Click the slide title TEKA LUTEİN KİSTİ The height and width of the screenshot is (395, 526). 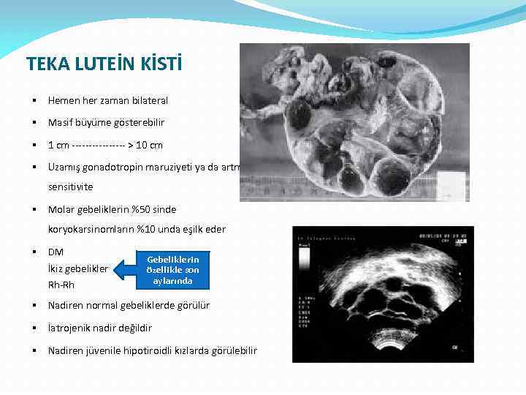[x=104, y=64]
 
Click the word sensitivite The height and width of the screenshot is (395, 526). [x=70, y=187]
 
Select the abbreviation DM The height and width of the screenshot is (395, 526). [x=56, y=252]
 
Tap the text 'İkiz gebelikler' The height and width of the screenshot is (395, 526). [x=77, y=268]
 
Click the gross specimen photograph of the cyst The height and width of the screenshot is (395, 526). [x=354, y=110]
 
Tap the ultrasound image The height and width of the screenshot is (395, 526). [x=382, y=294]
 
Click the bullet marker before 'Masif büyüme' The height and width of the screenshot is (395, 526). [x=34, y=123]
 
